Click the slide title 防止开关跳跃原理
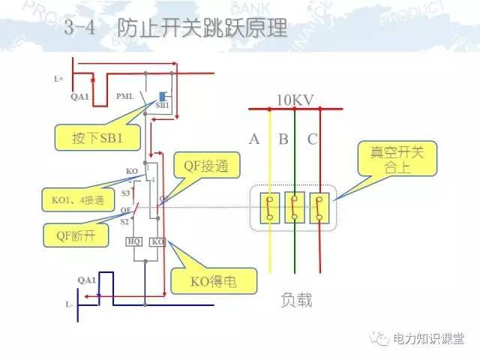click(202, 31)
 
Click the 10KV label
click(294, 100)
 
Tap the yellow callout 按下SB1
click(89, 136)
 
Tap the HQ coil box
click(134, 241)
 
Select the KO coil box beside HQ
click(157, 241)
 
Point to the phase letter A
click(254, 139)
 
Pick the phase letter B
click(283, 139)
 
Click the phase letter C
click(311, 139)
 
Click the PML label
click(125, 97)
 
